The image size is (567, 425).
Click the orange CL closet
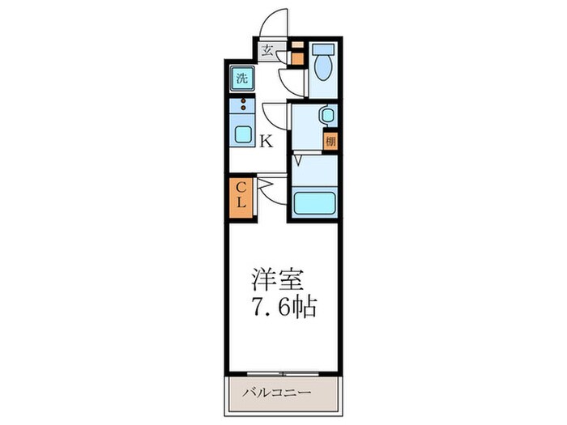pos(241,199)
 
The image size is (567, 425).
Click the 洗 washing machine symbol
pos(241,79)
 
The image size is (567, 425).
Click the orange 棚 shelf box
pos(330,141)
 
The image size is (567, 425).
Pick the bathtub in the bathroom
pos(313,202)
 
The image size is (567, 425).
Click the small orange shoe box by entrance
pos(296,58)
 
